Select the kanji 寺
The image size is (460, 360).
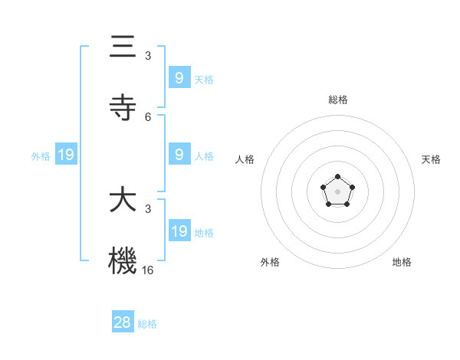123,108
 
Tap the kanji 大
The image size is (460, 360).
123,201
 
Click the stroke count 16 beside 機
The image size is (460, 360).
148,270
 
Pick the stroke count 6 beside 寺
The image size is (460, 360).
148,117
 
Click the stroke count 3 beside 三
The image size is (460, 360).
148,56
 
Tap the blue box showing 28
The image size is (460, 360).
123,322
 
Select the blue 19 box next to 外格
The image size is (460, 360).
66,155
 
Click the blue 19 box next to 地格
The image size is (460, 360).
179,231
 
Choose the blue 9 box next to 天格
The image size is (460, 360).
179,77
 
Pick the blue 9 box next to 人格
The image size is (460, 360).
179,155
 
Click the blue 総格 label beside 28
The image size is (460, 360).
147,324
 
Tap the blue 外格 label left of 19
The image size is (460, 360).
41,156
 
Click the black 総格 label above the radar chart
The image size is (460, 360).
338,100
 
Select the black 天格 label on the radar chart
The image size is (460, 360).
431,159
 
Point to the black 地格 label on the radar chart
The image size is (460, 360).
402,262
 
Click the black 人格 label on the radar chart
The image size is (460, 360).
245,159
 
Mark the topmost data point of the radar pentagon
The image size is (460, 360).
338,177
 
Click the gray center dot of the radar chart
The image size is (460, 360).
338,191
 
